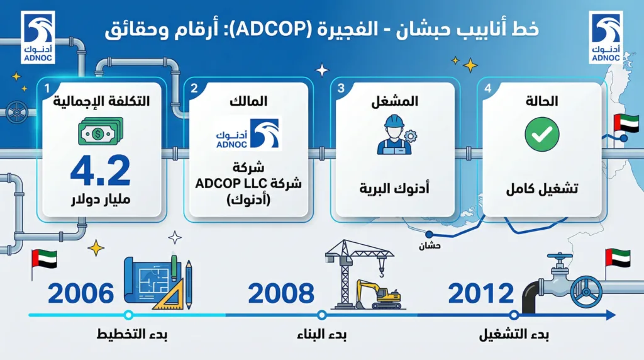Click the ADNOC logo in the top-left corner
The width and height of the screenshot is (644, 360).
pos(38,37)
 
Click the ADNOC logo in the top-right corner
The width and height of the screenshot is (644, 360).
pos(606,37)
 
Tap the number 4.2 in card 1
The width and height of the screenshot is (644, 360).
pos(101,171)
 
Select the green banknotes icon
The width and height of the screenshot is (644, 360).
pos(101,131)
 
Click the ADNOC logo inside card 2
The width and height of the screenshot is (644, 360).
pos(248,134)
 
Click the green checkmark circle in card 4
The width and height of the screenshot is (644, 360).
pos(541,134)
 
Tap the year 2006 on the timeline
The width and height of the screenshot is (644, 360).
pos(81,293)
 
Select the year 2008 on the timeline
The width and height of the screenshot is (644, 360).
pos(281,293)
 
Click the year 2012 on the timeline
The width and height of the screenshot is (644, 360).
pos(481,293)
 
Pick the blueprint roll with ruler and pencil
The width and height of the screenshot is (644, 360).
pos(158,283)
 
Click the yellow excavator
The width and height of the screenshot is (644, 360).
pos(379,295)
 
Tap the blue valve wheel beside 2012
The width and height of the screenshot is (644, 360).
pos(587,292)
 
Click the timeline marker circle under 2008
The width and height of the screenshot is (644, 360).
pos(321,315)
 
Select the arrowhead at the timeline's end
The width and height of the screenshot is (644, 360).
pos(611,315)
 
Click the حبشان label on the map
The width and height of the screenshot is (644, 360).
pos(430,246)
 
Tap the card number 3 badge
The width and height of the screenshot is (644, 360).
pos(341,89)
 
